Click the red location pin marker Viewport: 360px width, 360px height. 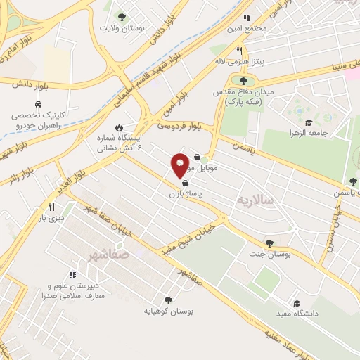click(x=180, y=165)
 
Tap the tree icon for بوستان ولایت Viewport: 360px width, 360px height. click(x=122, y=16)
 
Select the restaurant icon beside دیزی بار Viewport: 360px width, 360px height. click(x=51, y=207)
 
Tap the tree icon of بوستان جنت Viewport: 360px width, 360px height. click(x=269, y=243)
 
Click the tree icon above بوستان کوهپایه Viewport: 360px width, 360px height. click(x=167, y=299)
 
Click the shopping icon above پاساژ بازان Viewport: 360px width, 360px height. click(x=184, y=181)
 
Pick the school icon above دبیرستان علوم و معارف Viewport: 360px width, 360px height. click(x=72, y=275)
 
